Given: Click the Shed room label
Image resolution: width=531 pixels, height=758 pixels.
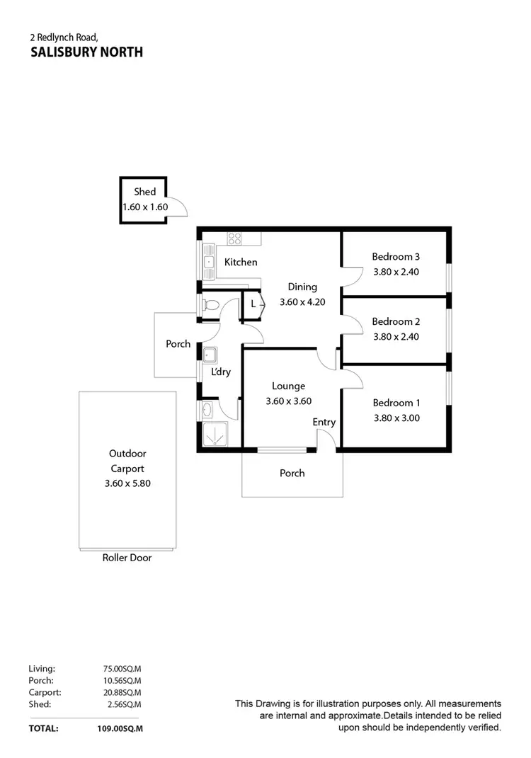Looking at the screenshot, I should click(x=144, y=192).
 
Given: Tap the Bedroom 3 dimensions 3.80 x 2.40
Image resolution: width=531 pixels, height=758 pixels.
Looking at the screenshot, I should click(x=396, y=271).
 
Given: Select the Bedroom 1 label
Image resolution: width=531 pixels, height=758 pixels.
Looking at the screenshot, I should click(x=396, y=403).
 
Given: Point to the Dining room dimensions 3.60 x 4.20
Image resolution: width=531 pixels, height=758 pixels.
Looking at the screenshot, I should click(x=302, y=302).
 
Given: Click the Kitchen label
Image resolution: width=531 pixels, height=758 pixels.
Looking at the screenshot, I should click(x=241, y=263).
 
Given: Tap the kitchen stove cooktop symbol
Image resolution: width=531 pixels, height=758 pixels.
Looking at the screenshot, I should click(x=234, y=239).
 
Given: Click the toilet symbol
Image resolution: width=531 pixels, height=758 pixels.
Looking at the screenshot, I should click(x=210, y=306).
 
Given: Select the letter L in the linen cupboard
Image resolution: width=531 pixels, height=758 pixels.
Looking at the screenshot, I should click(x=253, y=304).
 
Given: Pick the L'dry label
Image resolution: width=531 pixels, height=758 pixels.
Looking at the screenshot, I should click(x=221, y=372).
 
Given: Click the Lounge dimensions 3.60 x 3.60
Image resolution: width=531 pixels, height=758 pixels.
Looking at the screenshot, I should click(x=288, y=401).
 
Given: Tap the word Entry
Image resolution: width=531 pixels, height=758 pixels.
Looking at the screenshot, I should click(x=324, y=423).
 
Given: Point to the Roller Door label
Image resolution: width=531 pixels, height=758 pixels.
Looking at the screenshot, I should click(x=127, y=558).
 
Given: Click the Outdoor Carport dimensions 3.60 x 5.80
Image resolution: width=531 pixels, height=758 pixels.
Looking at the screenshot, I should click(x=127, y=484).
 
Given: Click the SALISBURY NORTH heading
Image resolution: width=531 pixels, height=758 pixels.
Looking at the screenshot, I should click(x=86, y=52).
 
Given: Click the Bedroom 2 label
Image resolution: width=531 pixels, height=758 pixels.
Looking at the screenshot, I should click(x=396, y=321).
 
